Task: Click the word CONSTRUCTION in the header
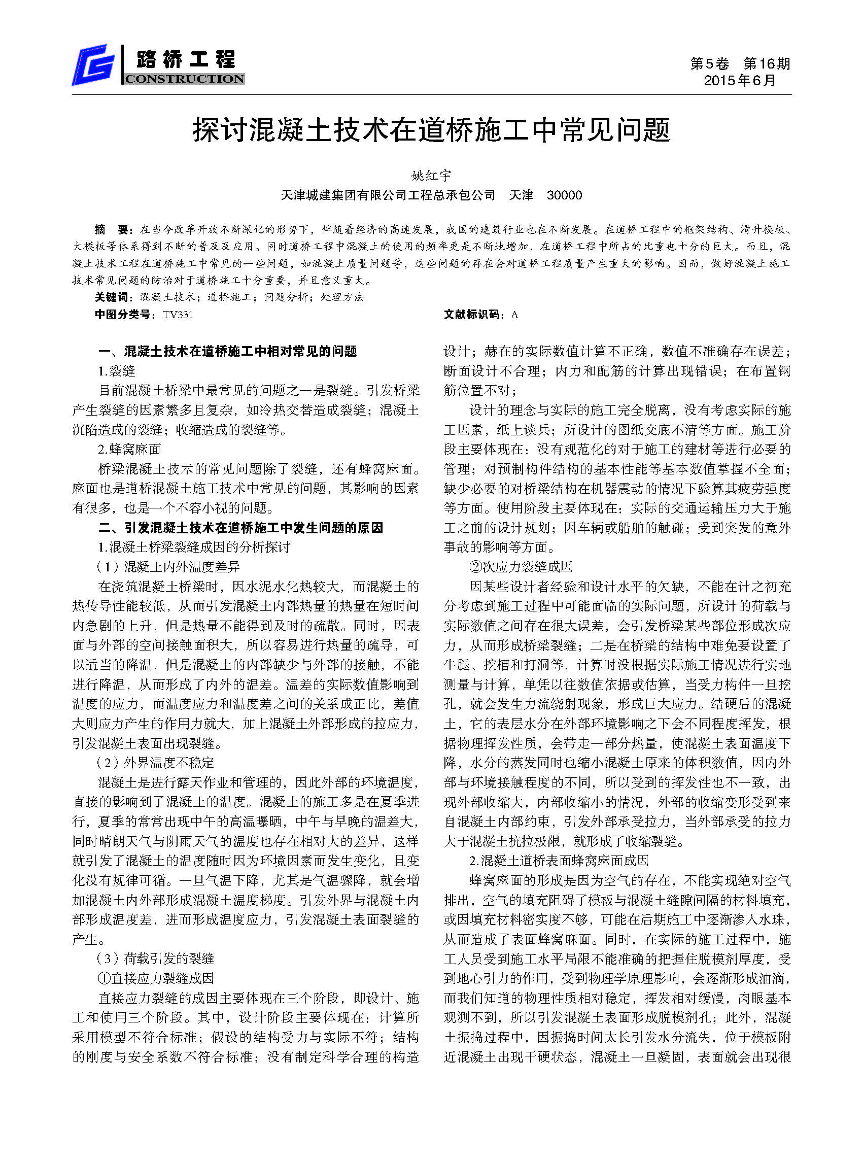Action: pyautogui.click(x=184, y=79)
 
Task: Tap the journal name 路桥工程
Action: pyautogui.click(x=186, y=59)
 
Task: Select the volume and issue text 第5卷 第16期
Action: pyautogui.click(x=740, y=64)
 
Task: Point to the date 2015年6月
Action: pyautogui.click(x=740, y=81)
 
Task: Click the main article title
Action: pyautogui.click(x=431, y=130)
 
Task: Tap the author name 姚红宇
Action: pyautogui.click(x=431, y=176)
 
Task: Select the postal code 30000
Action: pyautogui.click(x=564, y=195)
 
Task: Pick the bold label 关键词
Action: pyautogui.click(x=111, y=297)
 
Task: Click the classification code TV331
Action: pyautogui.click(x=178, y=315)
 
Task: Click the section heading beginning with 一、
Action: pyautogui.click(x=228, y=351)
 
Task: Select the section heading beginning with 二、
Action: pyautogui.click(x=241, y=528)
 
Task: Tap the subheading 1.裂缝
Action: pyautogui.click(x=117, y=371)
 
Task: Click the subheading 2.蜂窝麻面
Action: pyautogui.click(x=129, y=449)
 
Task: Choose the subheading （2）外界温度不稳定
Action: pyautogui.click(x=155, y=763)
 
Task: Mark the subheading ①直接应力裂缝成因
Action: pyautogui.click(x=155, y=978)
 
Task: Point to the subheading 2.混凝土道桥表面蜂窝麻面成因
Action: pyautogui.click(x=559, y=861)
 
